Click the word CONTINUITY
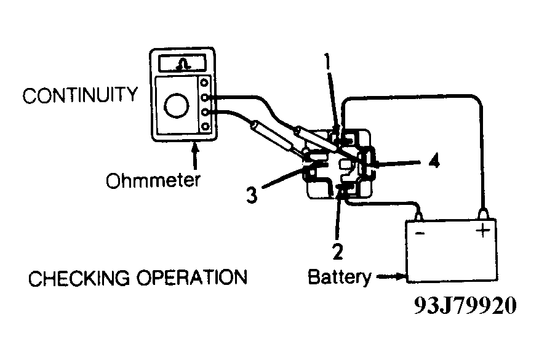click(x=80, y=95)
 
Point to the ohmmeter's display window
click(x=182, y=63)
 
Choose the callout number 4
click(x=434, y=162)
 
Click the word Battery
click(x=339, y=278)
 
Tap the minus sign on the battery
click(x=420, y=233)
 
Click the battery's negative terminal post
click(x=420, y=215)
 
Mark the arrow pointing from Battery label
click(x=389, y=278)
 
